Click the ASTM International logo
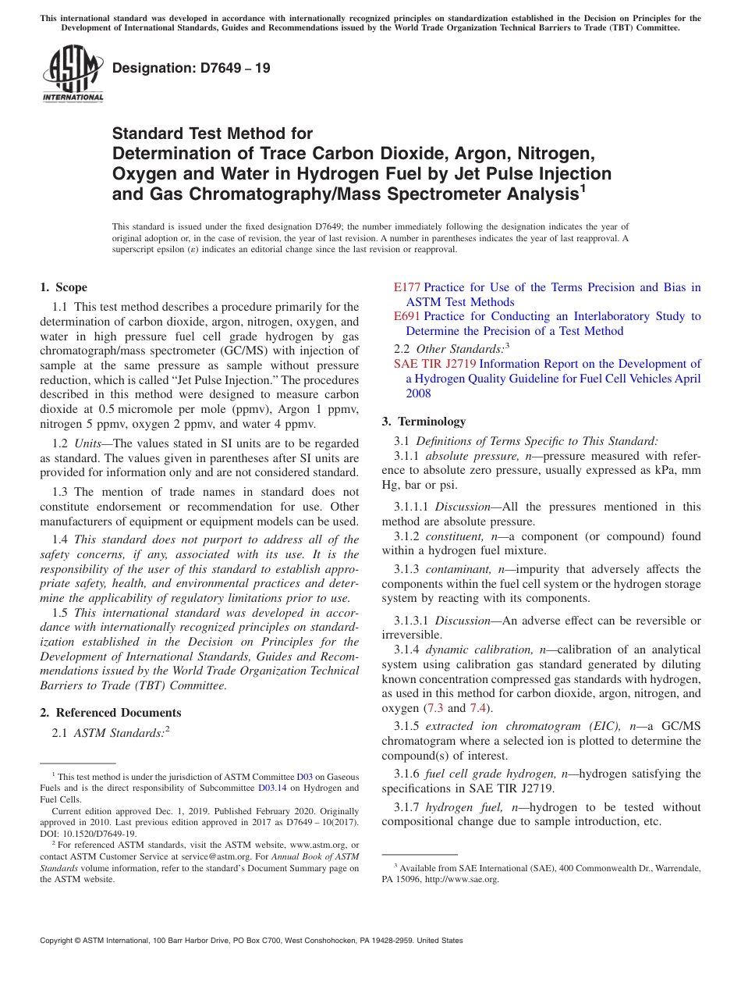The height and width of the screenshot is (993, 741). [x=73, y=75]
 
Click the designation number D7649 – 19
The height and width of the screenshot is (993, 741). [x=192, y=68]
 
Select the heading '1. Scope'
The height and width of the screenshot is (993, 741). [x=64, y=287]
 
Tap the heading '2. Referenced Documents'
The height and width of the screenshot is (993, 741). [x=111, y=712]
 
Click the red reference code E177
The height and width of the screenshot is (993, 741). [x=407, y=287]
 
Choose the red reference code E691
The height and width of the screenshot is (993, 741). [x=407, y=316]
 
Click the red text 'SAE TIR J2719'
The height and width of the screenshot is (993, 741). [x=434, y=364]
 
